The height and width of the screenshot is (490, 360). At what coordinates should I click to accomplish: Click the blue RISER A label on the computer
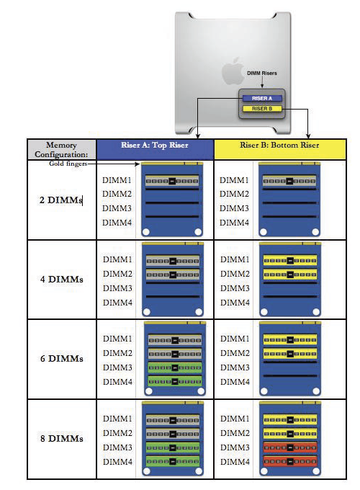[262, 99]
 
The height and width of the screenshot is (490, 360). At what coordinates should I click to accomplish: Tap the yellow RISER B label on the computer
[262, 109]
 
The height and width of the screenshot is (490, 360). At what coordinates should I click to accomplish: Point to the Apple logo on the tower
[233, 71]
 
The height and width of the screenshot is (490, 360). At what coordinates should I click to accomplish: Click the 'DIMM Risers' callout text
[262, 73]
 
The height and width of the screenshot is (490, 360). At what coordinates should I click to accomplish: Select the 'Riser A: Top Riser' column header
[155, 145]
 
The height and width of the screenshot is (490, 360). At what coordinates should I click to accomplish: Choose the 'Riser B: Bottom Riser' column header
[280, 145]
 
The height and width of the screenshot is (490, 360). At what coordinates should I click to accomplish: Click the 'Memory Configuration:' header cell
[61, 150]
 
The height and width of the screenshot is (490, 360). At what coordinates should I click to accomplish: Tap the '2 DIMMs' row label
[61, 200]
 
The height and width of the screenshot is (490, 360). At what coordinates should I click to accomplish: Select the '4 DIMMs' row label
[62, 279]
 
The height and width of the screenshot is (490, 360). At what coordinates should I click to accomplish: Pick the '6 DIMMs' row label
[62, 358]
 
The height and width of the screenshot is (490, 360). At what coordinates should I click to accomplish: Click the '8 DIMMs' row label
[62, 438]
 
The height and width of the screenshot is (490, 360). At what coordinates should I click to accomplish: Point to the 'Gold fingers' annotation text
[68, 164]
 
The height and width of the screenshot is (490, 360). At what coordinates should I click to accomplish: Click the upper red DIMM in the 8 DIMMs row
[290, 447]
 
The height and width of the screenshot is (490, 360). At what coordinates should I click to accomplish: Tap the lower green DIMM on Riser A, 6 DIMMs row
[175, 381]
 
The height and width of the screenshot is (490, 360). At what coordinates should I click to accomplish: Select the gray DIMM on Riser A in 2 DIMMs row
[172, 181]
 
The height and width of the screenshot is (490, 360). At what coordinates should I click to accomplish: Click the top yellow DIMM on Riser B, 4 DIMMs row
[290, 260]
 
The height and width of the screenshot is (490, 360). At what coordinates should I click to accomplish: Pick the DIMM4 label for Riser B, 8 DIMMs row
[235, 462]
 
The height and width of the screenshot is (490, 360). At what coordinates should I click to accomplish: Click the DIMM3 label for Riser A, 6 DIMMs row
[117, 367]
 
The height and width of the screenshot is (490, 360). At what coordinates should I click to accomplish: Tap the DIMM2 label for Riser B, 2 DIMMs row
[234, 194]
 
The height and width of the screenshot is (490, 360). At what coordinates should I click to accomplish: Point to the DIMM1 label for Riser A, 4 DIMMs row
[117, 259]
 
